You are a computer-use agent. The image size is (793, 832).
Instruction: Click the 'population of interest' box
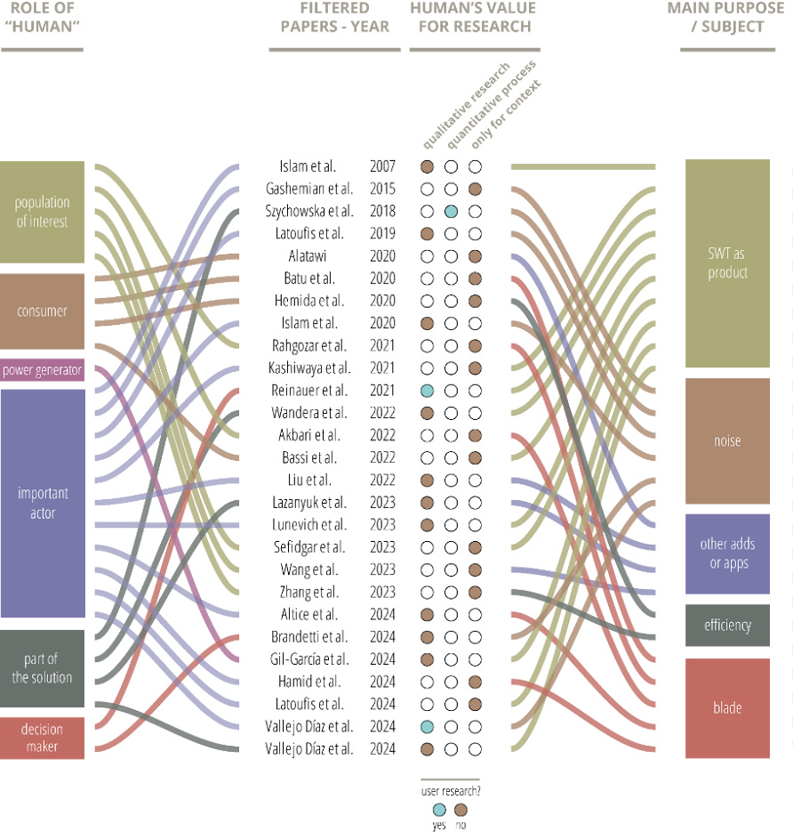pos(42,212)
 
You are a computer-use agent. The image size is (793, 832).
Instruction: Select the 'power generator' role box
pos(42,370)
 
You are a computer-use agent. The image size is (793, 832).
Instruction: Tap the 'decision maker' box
pos(42,738)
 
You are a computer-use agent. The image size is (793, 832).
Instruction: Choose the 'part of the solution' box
pos(42,668)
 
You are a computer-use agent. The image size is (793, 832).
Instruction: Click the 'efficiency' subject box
pos(727,626)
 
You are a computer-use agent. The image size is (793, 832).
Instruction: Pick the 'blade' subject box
pos(727,708)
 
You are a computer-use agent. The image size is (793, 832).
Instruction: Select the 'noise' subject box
pos(727,441)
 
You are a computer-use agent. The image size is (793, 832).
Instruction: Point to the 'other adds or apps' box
pos(727,553)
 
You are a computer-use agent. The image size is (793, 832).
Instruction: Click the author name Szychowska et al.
pos(309,212)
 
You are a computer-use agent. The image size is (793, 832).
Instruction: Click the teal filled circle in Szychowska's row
pos(451,211)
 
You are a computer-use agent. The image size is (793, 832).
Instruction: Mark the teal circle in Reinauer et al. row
pos(427,391)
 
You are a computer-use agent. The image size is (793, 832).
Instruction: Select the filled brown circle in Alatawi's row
pos(475,256)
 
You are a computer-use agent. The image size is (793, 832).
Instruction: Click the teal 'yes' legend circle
pos(439,809)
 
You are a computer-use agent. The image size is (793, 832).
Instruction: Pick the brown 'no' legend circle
pos(461,809)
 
